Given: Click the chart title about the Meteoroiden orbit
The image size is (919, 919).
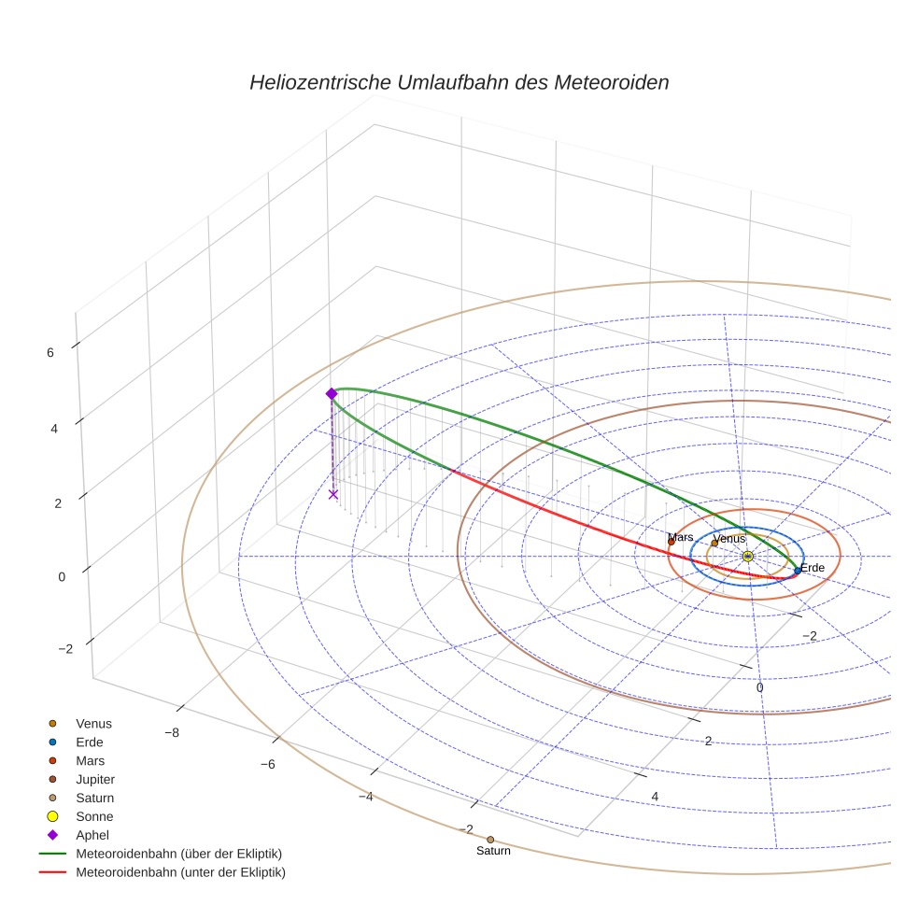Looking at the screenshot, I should [x=459, y=82].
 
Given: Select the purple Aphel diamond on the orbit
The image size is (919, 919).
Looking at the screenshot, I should [x=332, y=394].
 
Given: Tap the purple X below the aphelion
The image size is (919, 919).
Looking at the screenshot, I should [x=333, y=494].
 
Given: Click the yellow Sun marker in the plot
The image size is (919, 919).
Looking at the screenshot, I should [x=747, y=556].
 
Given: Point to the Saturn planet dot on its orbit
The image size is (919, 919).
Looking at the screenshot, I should [x=490, y=840].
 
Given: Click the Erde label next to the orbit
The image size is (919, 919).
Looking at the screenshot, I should [x=813, y=568].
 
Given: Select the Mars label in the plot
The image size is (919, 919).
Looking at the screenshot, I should [x=681, y=538].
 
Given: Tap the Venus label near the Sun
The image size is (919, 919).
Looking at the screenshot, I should [x=729, y=539].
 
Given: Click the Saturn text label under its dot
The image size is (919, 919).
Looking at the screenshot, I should [x=493, y=851].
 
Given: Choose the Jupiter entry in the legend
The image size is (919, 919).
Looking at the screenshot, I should [x=95, y=779].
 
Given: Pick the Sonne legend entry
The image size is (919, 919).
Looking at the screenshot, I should [x=94, y=816].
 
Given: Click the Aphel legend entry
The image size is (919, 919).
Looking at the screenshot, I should [x=92, y=835].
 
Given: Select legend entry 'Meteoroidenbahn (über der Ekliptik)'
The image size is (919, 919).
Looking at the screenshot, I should [x=178, y=854].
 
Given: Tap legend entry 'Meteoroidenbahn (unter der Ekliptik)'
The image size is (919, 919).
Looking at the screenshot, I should [x=180, y=872].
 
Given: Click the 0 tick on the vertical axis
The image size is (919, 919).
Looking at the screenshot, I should [x=62, y=576].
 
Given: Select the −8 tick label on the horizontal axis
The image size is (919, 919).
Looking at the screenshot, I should [x=172, y=732].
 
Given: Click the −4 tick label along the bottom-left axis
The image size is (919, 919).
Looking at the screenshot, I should [x=365, y=797].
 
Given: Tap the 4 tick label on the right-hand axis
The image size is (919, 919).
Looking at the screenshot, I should [x=655, y=796].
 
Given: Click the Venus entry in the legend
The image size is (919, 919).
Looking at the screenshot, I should [x=93, y=723].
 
